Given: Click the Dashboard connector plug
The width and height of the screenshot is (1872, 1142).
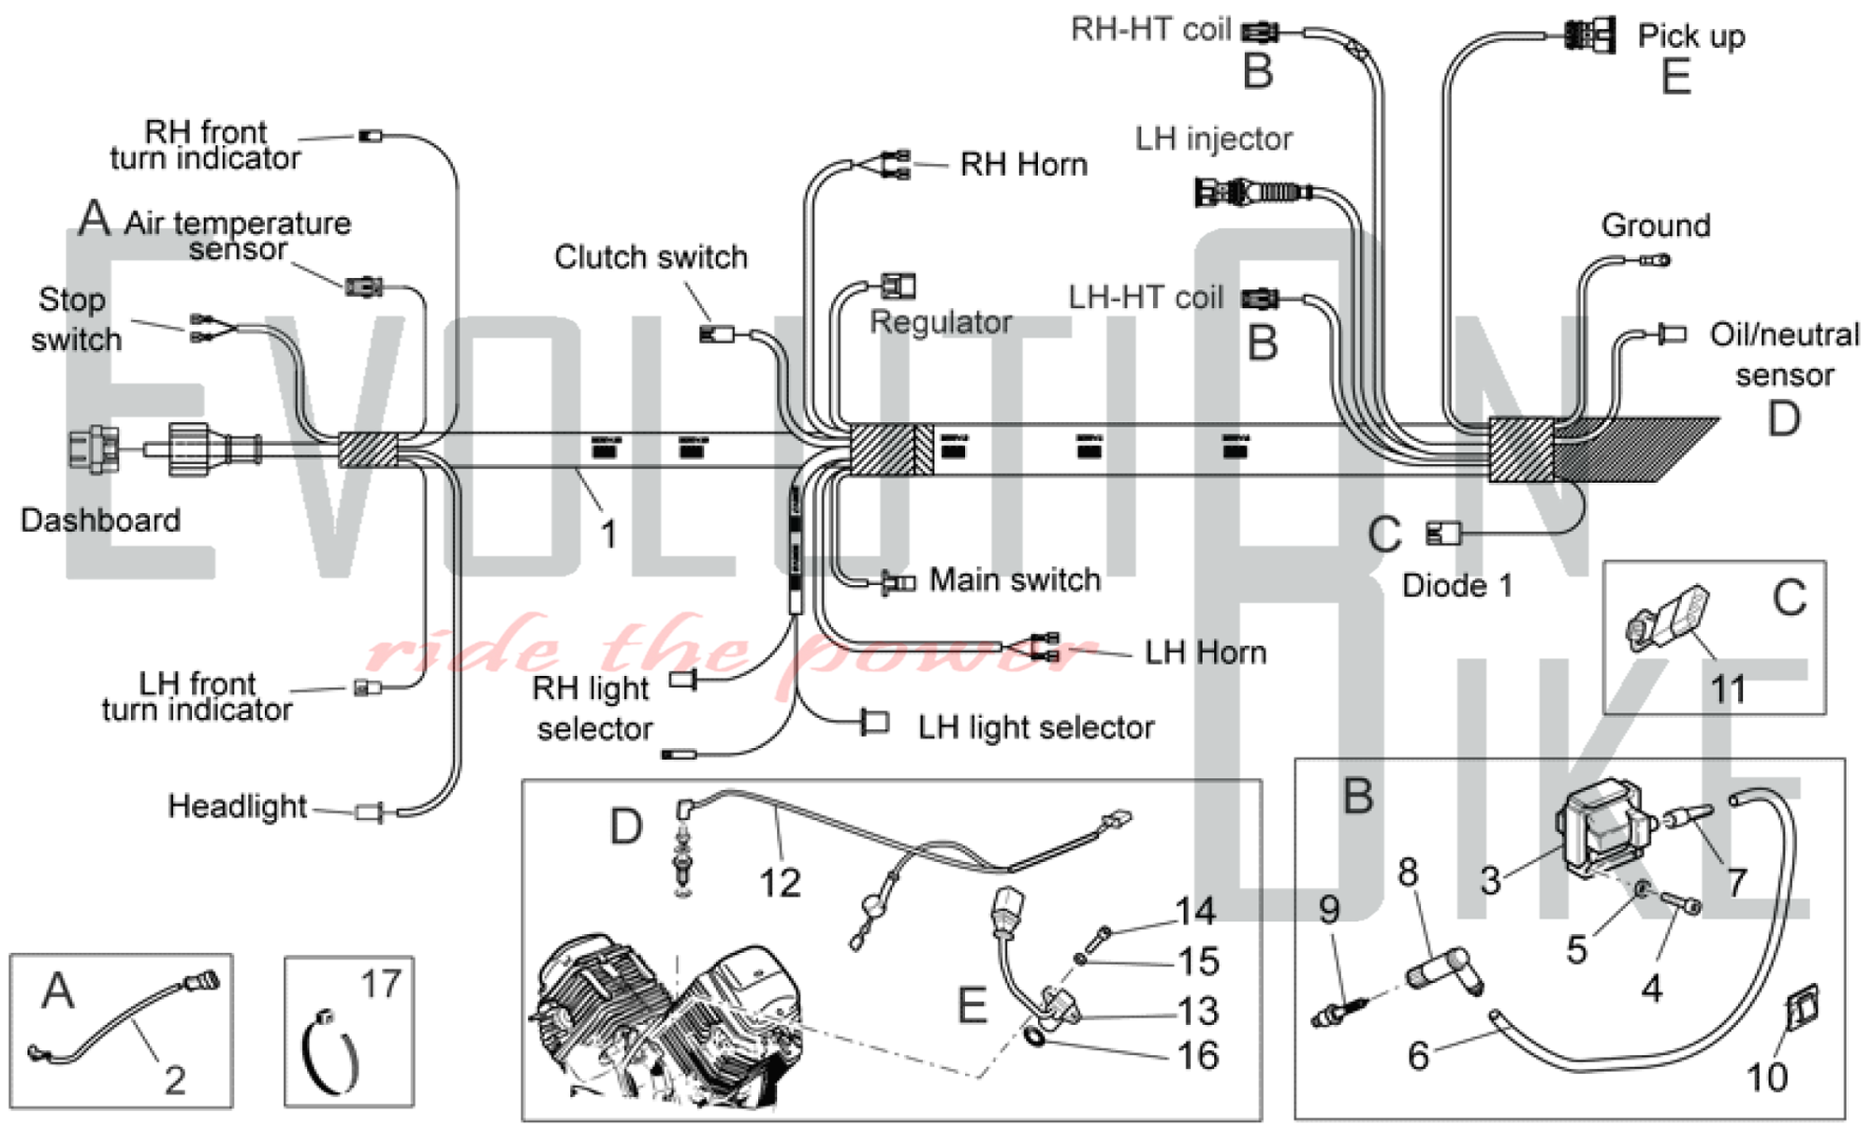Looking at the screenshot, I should coord(94,449).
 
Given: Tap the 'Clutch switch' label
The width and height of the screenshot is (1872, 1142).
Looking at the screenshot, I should coord(651,256).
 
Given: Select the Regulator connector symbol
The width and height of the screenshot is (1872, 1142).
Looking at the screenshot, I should coord(899,285).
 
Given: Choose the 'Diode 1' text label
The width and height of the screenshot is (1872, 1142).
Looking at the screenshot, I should coord(1456,586).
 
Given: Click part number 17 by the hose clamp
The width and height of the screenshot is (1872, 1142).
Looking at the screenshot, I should coord(381,985).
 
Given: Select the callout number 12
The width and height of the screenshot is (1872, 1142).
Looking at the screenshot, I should coord(780,883).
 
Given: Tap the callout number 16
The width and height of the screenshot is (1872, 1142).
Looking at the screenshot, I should coord(1198,1057).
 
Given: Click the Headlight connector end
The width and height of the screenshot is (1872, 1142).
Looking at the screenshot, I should coord(371,813).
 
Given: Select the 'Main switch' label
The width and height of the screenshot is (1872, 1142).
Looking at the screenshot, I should coord(1015,580).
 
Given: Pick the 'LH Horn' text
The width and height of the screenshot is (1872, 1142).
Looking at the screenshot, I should coord(1206,652).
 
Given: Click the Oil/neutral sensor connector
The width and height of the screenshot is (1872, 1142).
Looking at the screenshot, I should coord(1672,333).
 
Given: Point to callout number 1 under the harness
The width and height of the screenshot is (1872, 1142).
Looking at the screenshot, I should coord(608,534).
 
